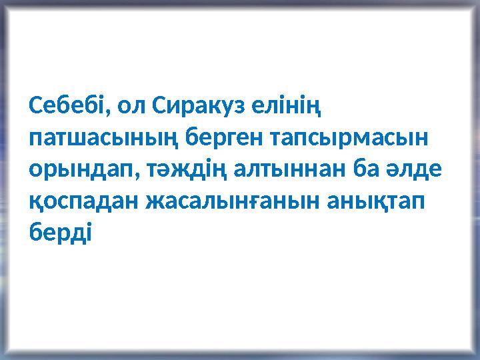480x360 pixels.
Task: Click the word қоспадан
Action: (x=82, y=203)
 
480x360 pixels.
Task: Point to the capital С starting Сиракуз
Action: (x=159, y=106)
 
